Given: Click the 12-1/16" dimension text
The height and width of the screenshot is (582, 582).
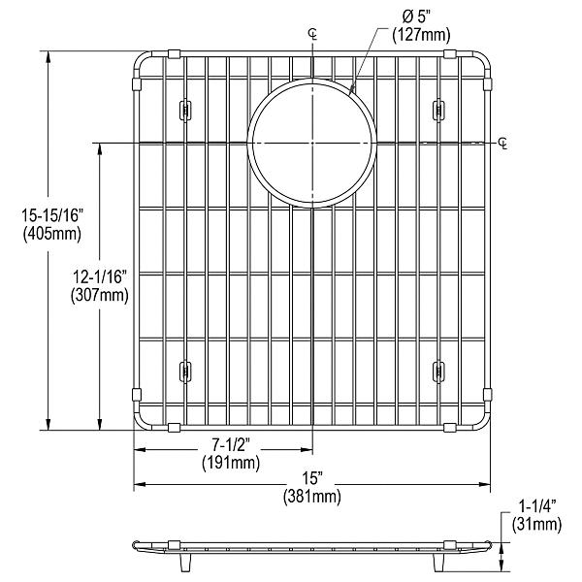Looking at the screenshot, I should pos(102,279).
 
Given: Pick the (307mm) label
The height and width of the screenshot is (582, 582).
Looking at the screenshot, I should pos(102,297).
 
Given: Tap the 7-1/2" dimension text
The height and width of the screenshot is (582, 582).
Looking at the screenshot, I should pos(231,446).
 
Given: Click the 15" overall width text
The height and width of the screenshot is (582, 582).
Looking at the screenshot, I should pos(311,480).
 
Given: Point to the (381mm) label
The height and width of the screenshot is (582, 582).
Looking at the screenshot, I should pos(311,498).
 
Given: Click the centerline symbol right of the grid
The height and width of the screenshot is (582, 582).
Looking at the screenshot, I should pos(502,145).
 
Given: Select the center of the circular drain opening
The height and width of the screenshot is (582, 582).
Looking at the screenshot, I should pos(312,145).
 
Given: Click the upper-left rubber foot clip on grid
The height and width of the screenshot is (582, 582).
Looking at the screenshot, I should pos(184,110).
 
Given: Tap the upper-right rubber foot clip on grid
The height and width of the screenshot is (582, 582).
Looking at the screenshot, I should pos(438,110).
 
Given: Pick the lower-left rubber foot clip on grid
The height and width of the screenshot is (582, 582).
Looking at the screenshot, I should pos(184,370).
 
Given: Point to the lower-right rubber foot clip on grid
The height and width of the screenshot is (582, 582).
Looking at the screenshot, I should pos(438,370).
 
